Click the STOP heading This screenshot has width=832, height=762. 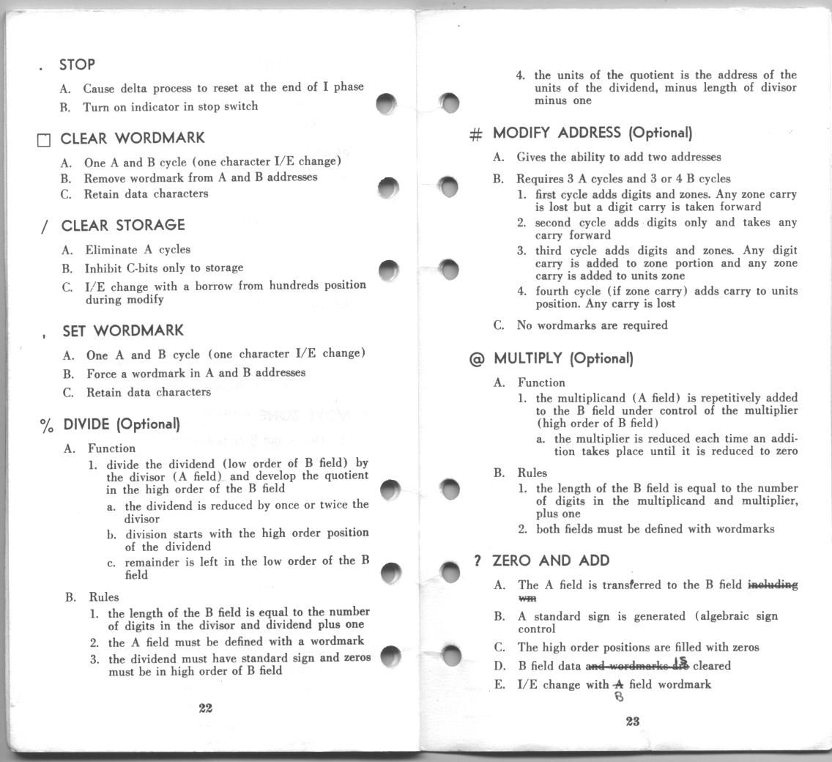tap(77, 64)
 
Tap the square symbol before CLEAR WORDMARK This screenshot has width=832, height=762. tap(44, 140)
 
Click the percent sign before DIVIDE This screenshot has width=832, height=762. tap(47, 425)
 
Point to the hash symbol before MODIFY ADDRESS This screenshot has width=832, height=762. tap(475, 134)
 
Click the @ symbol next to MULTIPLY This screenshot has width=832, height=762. tap(476, 359)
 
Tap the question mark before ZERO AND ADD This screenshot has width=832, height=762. tap(477, 561)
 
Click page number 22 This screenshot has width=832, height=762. tap(205, 708)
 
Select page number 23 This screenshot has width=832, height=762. tap(633, 721)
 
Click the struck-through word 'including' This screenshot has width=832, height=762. tap(773, 585)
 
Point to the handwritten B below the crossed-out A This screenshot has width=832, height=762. tap(619, 697)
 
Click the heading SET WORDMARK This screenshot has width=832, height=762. tap(123, 331)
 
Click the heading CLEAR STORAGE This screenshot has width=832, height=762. tap(123, 226)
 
